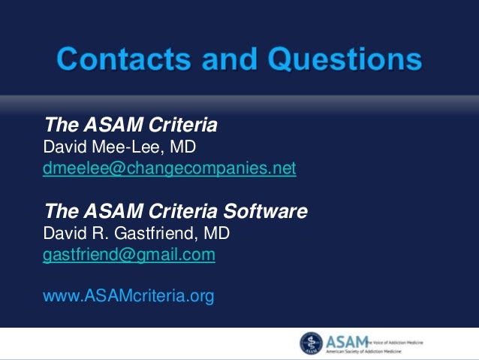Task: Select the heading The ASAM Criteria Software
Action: tap(176, 211)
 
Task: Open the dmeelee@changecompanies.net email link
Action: tap(170, 168)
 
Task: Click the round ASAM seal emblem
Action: tap(312, 343)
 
